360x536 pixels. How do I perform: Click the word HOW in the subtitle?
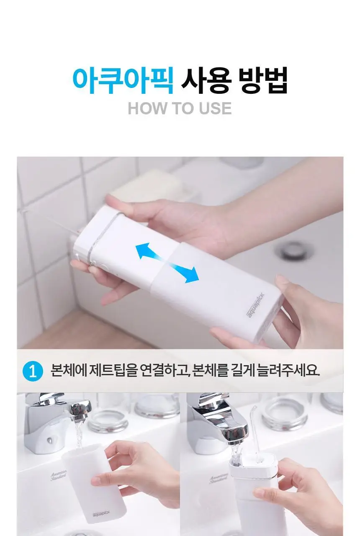(147, 108)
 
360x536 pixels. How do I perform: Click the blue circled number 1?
(33, 372)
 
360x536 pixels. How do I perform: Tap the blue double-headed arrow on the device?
(167, 263)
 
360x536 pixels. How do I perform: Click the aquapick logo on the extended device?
(255, 305)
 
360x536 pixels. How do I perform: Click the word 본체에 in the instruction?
(69, 372)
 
